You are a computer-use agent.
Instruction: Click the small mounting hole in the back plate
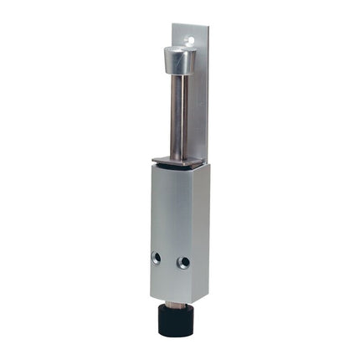pos(192,38)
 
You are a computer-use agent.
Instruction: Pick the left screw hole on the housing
pos(156,256)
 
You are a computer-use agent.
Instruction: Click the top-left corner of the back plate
pos(174,24)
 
